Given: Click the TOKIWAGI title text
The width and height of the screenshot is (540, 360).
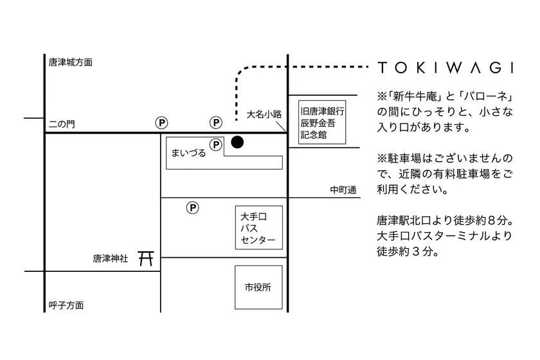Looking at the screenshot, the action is (x=446, y=67).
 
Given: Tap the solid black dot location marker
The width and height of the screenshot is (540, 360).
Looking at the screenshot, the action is (x=237, y=142).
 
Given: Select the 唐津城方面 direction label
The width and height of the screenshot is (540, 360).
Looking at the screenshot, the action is (x=71, y=62).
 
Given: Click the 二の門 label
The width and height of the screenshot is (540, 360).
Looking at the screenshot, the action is (x=62, y=124).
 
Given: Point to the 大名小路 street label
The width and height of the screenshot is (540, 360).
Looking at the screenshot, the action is (x=264, y=114).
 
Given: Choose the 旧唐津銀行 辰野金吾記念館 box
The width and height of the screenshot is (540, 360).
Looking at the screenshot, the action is (x=322, y=122).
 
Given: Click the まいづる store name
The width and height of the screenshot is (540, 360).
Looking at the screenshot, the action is (x=188, y=152).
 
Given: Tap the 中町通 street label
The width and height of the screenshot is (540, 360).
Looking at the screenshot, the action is (x=343, y=190).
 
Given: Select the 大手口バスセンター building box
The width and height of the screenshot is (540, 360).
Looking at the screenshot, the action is (x=259, y=228).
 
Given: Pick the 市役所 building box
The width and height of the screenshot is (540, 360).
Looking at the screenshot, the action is (x=258, y=287).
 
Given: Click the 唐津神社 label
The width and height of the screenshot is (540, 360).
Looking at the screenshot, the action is (x=111, y=258).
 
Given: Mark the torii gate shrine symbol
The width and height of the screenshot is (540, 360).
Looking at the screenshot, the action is (x=146, y=258).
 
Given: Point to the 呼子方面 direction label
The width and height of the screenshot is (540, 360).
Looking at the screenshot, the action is (x=66, y=305).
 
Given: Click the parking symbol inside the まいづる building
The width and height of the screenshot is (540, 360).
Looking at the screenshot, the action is (x=216, y=145).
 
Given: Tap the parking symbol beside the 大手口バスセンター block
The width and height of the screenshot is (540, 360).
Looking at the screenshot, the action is (x=192, y=208).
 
